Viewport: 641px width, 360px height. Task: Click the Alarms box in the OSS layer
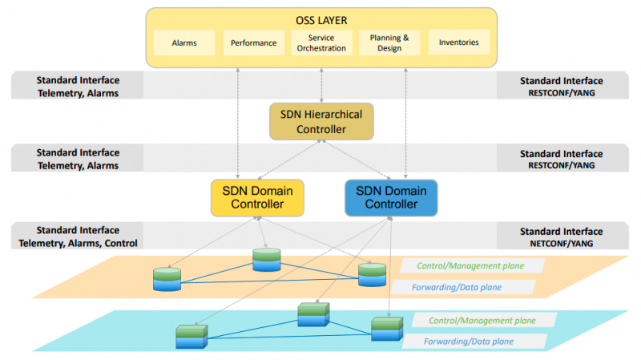click(x=184, y=42)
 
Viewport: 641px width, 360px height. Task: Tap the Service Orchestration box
click(x=320, y=42)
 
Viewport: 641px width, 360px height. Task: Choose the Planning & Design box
click(x=389, y=42)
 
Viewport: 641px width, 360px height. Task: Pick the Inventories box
click(x=458, y=42)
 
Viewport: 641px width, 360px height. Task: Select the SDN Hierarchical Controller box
click(x=320, y=122)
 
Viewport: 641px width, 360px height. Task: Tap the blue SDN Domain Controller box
click(x=391, y=197)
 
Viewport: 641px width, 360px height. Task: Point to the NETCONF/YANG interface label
click(x=561, y=243)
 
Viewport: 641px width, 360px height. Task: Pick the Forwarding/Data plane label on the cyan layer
click(x=469, y=342)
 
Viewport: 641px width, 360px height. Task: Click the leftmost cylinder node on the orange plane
click(x=167, y=278)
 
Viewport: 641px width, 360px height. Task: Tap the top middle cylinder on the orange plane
click(x=268, y=259)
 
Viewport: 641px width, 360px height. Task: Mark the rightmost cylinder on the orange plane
click(x=373, y=274)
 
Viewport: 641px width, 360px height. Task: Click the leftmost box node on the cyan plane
click(x=191, y=335)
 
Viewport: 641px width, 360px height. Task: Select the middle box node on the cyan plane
click(x=313, y=313)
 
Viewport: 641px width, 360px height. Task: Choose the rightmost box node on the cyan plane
click(x=386, y=330)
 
